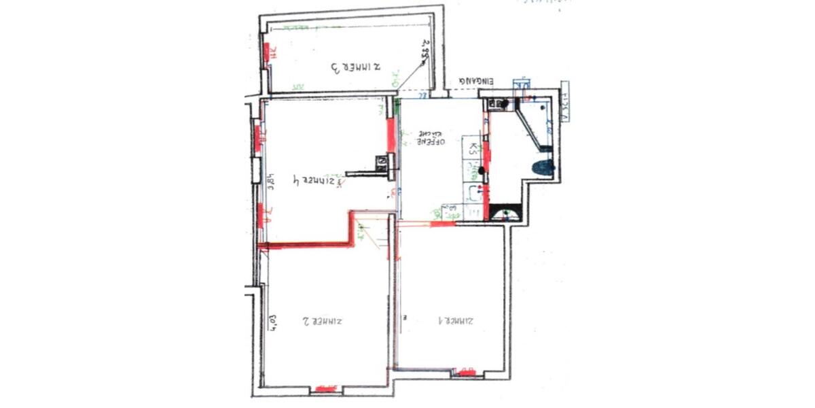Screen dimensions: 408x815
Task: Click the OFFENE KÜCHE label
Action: click(431, 139)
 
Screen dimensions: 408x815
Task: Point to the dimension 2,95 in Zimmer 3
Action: click(427, 51)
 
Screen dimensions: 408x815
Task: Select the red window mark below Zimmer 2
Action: click(323, 390)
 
